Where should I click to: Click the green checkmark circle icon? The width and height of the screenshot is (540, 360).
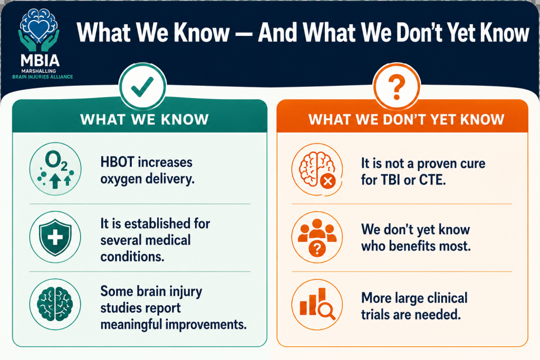pyautogui.click(x=142, y=86)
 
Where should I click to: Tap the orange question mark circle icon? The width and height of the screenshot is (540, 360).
pyautogui.click(x=397, y=86)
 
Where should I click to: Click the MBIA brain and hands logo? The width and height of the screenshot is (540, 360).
pyautogui.click(x=39, y=30)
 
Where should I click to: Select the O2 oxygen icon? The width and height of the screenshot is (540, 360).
pyautogui.click(x=55, y=169)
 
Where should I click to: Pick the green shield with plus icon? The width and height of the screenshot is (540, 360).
pyautogui.click(x=55, y=237)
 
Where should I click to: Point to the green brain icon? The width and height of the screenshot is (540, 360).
pyautogui.click(x=55, y=305)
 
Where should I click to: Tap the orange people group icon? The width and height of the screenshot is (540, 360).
pyautogui.click(x=317, y=238)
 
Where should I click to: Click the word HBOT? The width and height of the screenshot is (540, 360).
pyautogui.click(x=117, y=162)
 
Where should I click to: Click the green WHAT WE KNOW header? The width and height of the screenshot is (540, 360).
pyautogui.click(x=144, y=120)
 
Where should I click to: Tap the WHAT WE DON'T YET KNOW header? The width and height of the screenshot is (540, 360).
pyautogui.click(x=407, y=120)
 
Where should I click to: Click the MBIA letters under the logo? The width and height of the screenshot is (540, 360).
pyautogui.click(x=40, y=61)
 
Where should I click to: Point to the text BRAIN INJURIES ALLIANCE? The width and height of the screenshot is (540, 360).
pyautogui.click(x=43, y=77)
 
